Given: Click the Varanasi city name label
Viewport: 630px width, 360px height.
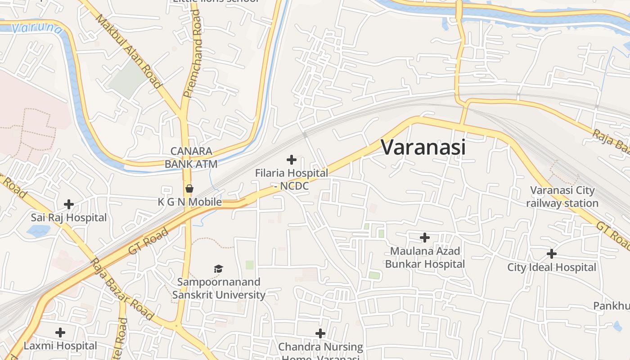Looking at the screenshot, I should (423, 147).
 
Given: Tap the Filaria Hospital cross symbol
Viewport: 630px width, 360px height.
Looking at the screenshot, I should (292, 159).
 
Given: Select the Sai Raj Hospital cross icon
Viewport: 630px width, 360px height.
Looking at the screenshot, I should (69, 204).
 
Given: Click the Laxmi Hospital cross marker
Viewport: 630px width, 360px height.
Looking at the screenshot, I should (60, 333).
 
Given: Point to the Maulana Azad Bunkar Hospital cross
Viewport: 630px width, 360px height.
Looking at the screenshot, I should (424, 237).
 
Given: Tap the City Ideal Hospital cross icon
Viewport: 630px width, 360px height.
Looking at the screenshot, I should (552, 254).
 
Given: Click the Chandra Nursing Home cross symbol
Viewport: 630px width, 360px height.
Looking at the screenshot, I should (320, 333).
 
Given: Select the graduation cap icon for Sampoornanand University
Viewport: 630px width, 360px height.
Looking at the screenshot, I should (219, 269).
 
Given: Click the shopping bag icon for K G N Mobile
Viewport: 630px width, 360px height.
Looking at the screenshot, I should (189, 188).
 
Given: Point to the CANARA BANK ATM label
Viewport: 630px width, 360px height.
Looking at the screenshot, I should (191, 157).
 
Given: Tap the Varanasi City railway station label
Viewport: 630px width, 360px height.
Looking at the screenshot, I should (562, 197).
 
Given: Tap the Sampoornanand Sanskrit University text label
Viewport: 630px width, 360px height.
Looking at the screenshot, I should (219, 288).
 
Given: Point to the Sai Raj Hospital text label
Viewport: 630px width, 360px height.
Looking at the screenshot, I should (69, 218).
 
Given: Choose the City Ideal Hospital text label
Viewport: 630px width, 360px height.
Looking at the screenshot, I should (552, 267).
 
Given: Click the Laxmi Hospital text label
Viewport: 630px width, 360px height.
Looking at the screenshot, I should (60, 346).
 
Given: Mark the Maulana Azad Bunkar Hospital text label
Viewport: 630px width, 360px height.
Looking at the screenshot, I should (424, 257).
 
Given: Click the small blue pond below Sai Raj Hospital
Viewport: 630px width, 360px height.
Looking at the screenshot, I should (38, 231).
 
